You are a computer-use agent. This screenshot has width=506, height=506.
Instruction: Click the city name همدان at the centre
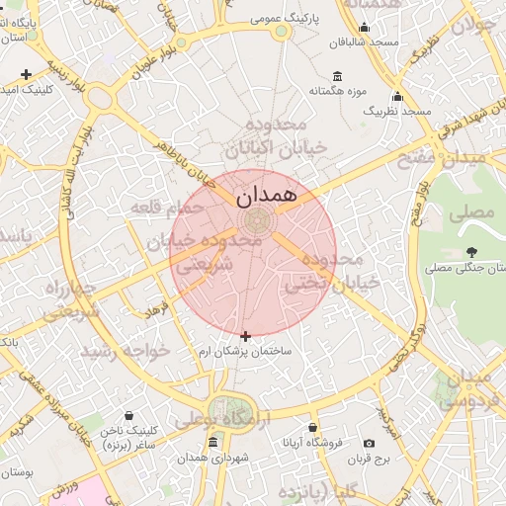click(x=267, y=195)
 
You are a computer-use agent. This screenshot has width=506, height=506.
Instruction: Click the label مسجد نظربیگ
click(x=398, y=112)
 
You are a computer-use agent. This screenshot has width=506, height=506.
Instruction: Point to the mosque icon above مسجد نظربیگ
click(x=397, y=97)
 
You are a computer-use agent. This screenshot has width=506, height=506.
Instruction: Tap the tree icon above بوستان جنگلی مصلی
click(x=472, y=251)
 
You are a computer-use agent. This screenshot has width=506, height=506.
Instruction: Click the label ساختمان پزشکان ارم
click(x=245, y=352)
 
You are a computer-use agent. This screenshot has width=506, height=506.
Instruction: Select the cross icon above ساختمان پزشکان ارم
click(x=245, y=336)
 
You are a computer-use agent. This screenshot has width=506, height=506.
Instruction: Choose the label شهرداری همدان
click(x=207, y=458)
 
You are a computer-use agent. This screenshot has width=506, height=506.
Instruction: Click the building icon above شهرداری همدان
click(x=212, y=442)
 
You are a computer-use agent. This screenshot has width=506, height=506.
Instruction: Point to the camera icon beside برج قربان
click(x=369, y=444)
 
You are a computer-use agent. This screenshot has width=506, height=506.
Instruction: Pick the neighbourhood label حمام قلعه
click(x=167, y=207)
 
